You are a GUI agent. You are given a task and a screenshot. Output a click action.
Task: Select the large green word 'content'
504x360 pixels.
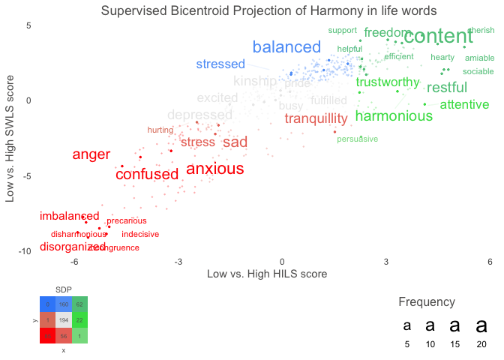coord(438,36)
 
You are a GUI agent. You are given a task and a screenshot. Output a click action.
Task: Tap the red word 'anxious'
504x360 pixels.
coord(215,169)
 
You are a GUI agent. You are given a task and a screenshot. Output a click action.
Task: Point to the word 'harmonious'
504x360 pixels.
coord(394,116)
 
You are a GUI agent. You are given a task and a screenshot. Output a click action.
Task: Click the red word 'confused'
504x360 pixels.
coord(147,175)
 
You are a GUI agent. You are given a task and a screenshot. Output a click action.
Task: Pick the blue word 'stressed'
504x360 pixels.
coord(220,64)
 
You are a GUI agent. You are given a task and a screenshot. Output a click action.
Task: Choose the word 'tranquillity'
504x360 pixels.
coord(316,118)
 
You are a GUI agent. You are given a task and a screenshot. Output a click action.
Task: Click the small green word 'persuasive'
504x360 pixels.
coord(357,139)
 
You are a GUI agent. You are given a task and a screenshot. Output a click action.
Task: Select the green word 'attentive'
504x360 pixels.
coord(464,105)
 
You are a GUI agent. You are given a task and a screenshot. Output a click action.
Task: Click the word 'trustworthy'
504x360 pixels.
coord(388,82)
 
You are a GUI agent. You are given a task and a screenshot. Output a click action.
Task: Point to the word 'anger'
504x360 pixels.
coord(91,155)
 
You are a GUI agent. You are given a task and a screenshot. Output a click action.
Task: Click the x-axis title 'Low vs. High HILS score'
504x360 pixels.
coord(266,274)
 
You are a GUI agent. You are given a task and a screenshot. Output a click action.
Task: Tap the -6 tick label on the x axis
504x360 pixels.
coord(75,262)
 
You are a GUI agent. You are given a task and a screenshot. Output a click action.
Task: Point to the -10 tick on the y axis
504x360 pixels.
coord(23,250)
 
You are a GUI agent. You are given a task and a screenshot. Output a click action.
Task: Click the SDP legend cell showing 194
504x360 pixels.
coord(63,320)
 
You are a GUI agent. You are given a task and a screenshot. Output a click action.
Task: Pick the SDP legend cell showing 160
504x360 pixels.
coord(63,304)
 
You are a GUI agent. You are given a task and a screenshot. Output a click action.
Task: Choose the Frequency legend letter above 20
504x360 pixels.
coord(481,326)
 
